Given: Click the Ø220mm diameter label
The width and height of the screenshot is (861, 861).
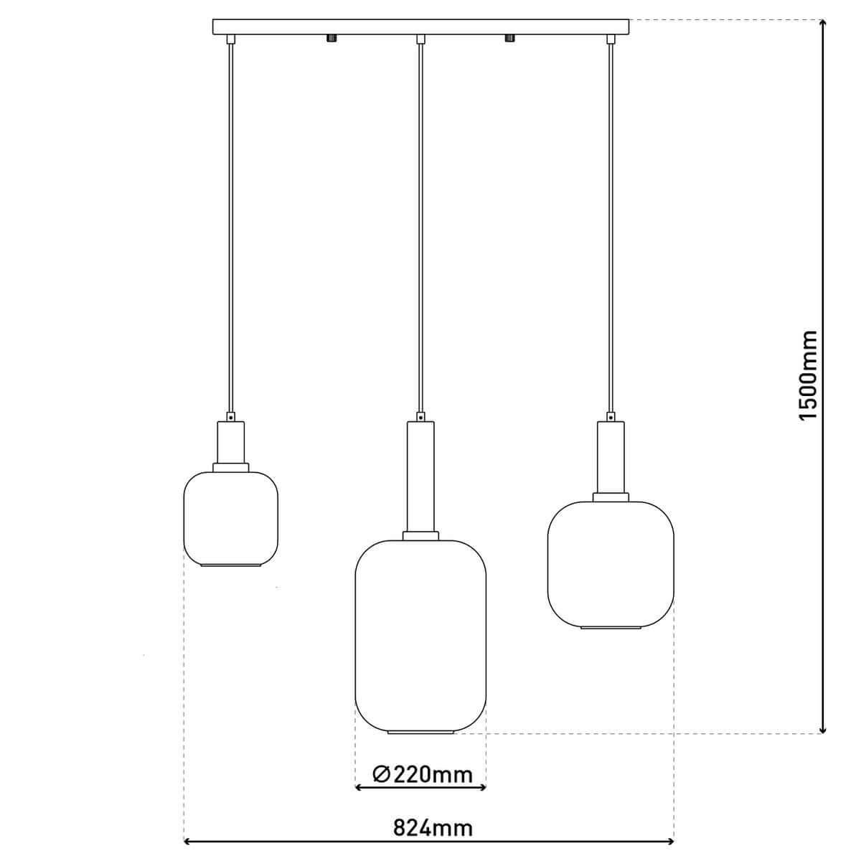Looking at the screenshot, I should [x=423, y=774].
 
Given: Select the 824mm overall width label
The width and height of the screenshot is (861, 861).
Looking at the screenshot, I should [x=433, y=828].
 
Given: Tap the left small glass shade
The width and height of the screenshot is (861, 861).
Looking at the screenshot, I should [x=230, y=517].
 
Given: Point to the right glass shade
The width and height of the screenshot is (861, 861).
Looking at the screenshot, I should [x=611, y=563].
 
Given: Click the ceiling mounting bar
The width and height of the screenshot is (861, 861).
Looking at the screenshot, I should [x=421, y=27].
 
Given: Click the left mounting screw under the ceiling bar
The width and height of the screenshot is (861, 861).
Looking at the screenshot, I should [x=331, y=38].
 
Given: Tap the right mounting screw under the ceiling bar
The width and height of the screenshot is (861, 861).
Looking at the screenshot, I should [x=510, y=38].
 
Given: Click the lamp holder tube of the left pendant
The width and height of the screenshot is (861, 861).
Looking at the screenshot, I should [x=231, y=442].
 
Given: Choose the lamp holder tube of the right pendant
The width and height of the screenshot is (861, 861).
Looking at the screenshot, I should [x=611, y=456].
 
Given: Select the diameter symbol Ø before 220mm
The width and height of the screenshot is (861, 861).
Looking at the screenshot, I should [x=382, y=774].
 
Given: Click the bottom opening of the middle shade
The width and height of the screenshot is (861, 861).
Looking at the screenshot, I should [x=421, y=732].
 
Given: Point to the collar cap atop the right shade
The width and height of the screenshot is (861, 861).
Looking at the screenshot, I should [x=611, y=497].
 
